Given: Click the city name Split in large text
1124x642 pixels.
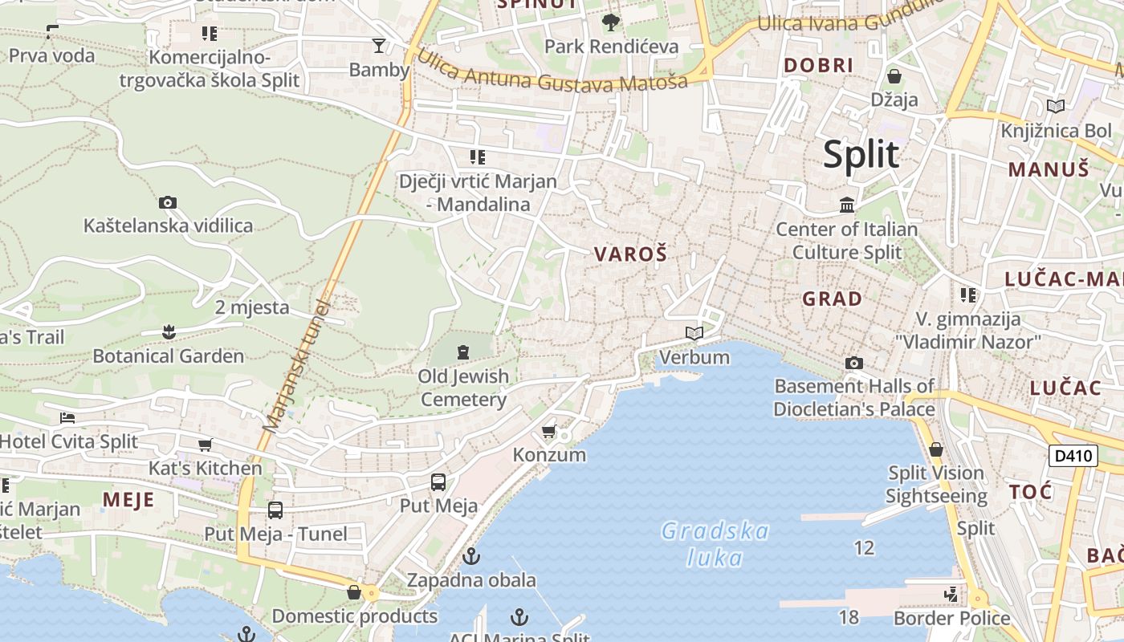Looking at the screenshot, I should tap(861, 154).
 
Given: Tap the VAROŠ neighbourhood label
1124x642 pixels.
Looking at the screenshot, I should tap(630, 254).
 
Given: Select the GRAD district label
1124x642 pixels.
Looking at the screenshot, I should tap(833, 299).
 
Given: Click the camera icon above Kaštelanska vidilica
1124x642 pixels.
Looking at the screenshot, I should tap(168, 202).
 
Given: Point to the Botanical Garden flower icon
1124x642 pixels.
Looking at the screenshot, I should tap(168, 331).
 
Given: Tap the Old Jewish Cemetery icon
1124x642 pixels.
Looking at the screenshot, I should tap(462, 351).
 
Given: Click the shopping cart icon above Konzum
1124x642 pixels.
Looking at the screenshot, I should tap(549, 432).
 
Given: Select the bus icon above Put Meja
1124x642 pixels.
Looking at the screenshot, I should tap(438, 482).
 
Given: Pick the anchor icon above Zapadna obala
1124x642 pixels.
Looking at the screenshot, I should tap(471, 555).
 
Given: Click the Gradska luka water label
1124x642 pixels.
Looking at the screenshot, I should tap(715, 544).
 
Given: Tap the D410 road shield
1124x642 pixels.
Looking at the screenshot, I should tap(1073, 456).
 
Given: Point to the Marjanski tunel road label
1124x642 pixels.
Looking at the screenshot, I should tap(295, 367).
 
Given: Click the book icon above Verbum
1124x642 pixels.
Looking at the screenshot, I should tap(694, 333).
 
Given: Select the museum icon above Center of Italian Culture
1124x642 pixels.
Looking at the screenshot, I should tap(846, 205).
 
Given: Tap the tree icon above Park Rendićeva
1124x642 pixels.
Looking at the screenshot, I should tap(611, 22).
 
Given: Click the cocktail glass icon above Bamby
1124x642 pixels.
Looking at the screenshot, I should tap(379, 46).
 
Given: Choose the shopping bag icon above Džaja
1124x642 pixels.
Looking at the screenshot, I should tap(894, 76).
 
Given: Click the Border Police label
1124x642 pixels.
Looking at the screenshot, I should tap(951, 618).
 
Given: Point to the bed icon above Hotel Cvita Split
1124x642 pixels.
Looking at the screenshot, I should tap(67, 417).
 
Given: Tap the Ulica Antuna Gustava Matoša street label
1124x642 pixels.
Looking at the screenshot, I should tap(552, 71).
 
